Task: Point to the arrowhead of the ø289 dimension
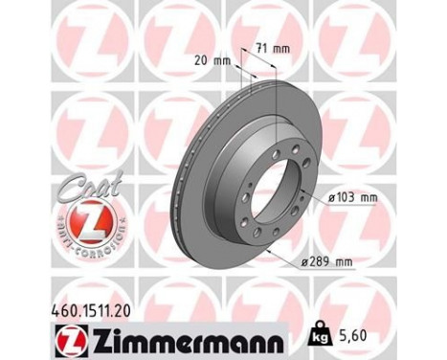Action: (x=271, y=252)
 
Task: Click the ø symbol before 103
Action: (x=330, y=198)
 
